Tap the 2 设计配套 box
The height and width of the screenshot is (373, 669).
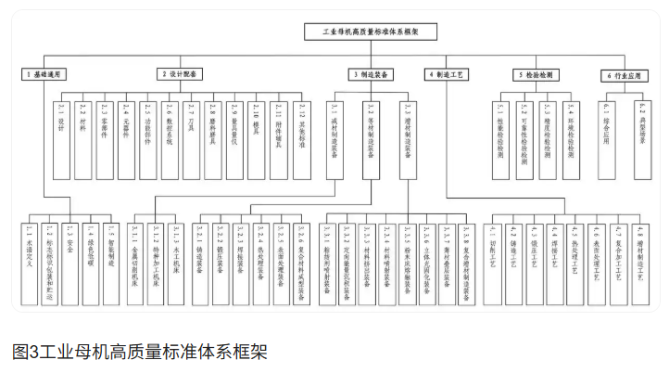pos(180,73)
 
